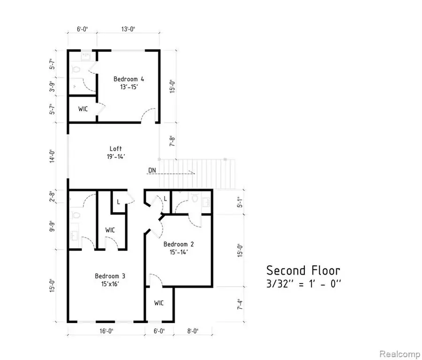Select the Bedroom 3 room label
pos(110,276)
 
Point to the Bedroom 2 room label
pos(179,244)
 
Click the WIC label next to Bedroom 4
pos(83,109)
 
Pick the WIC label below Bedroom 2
pos(159,303)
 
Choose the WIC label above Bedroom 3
pos(110,230)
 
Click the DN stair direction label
pos(152,170)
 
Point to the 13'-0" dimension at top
pos(127,29)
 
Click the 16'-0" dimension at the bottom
pos(105,331)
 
